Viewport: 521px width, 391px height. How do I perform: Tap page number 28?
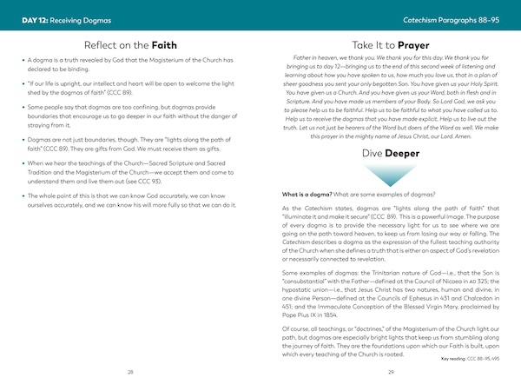(x=130, y=371)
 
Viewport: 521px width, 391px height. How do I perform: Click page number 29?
(x=392, y=371)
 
